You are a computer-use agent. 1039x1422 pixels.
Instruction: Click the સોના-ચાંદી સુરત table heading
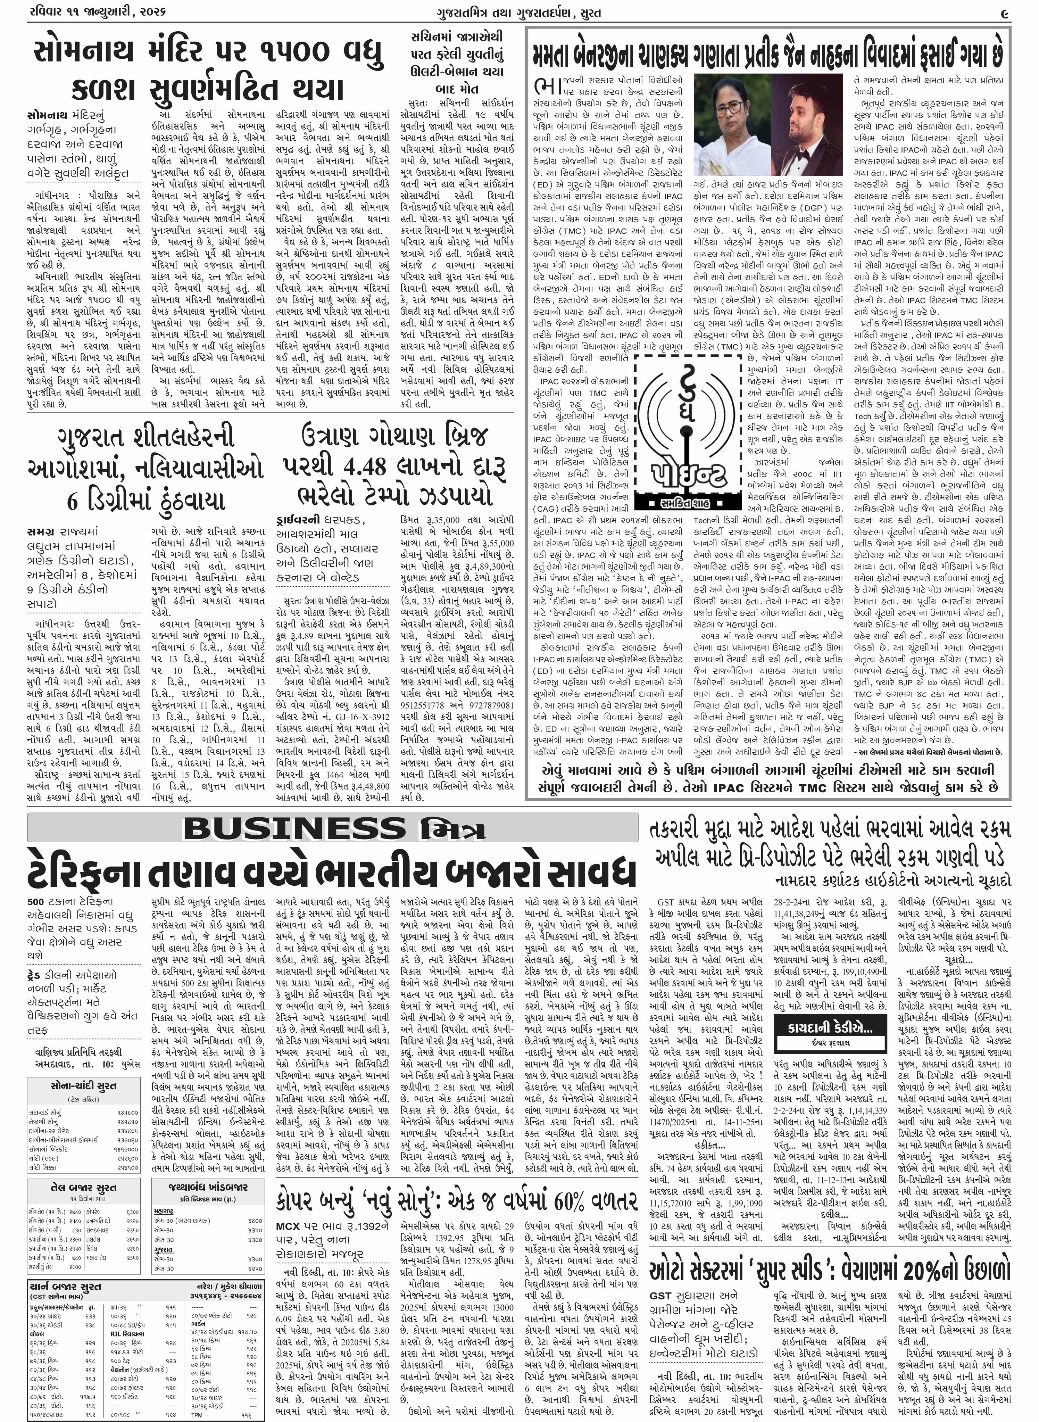(84, 1085)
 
